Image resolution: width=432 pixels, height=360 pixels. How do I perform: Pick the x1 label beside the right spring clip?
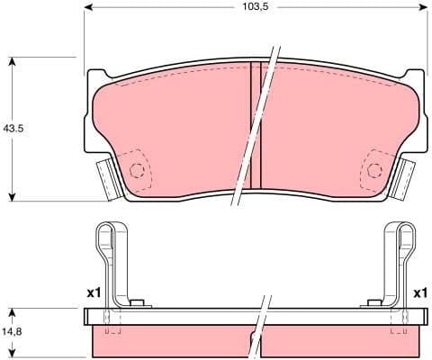[x=418, y=293]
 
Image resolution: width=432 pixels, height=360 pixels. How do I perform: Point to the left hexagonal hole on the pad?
[x=137, y=170]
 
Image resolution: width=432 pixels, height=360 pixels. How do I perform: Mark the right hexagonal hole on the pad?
[x=373, y=170]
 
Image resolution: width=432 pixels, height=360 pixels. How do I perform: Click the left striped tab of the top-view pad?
[x=109, y=177]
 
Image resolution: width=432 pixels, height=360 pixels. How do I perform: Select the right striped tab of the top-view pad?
[x=401, y=177]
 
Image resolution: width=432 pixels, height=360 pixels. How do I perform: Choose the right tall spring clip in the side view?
[x=402, y=261]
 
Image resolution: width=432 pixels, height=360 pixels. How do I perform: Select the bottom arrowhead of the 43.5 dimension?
[x=12, y=196]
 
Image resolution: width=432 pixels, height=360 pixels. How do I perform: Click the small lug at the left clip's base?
[x=137, y=303]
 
